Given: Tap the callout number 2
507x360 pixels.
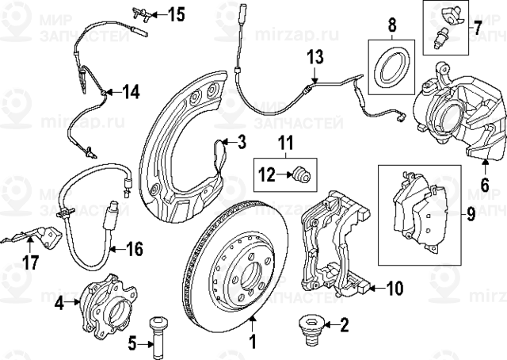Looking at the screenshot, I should click(x=344, y=324).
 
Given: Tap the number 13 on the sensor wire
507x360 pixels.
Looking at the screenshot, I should click(x=316, y=56).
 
